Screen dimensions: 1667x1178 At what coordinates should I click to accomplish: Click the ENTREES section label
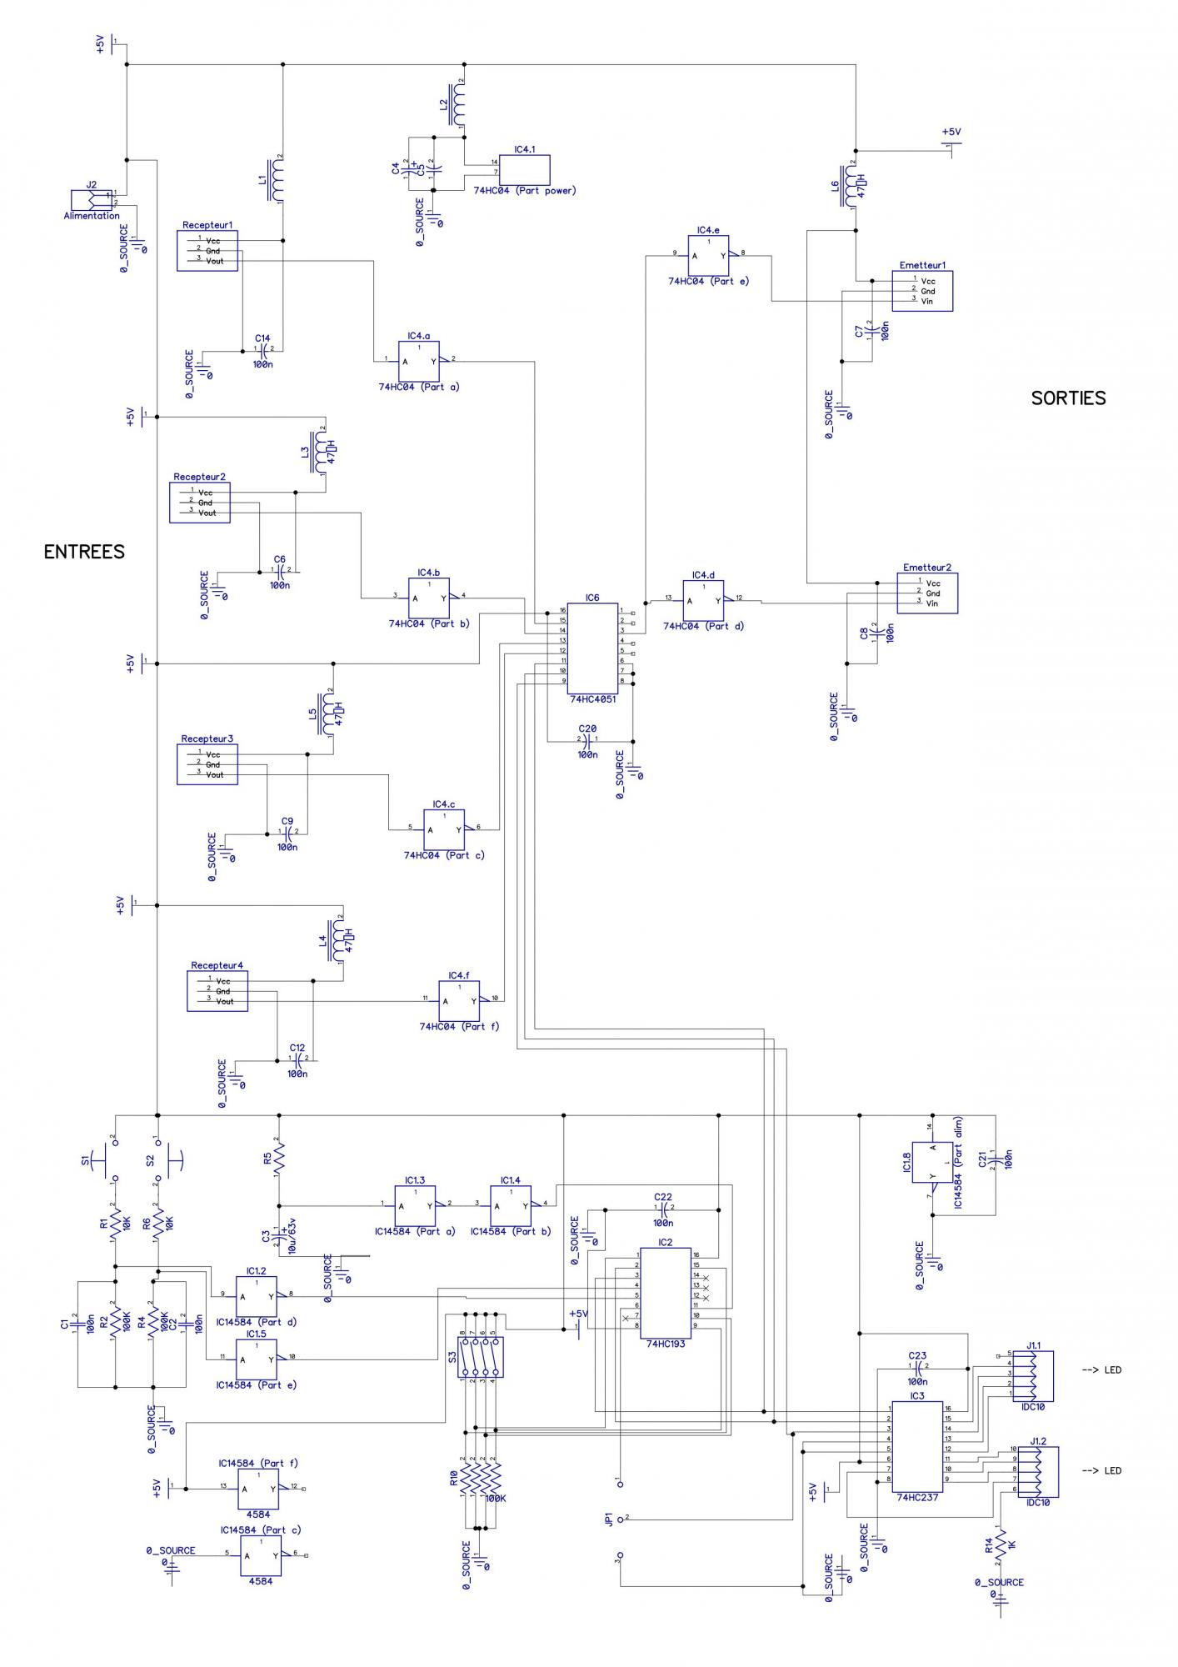point(84,552)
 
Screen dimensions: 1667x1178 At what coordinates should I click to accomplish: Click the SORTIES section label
point(1068,398)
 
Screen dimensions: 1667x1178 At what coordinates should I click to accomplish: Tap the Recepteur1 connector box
point(207,251)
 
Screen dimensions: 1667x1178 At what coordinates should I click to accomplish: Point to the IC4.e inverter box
point(708,255)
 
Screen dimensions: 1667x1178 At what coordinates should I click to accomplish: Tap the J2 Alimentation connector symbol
point(91,200)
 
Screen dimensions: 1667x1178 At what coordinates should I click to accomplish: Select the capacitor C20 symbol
point(588,739)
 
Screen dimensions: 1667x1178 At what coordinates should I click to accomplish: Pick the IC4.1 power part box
point(524,169)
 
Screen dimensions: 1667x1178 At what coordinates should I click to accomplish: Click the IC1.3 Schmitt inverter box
point(415,1205)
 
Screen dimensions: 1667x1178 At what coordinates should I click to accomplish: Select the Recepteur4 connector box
point(217,991)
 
